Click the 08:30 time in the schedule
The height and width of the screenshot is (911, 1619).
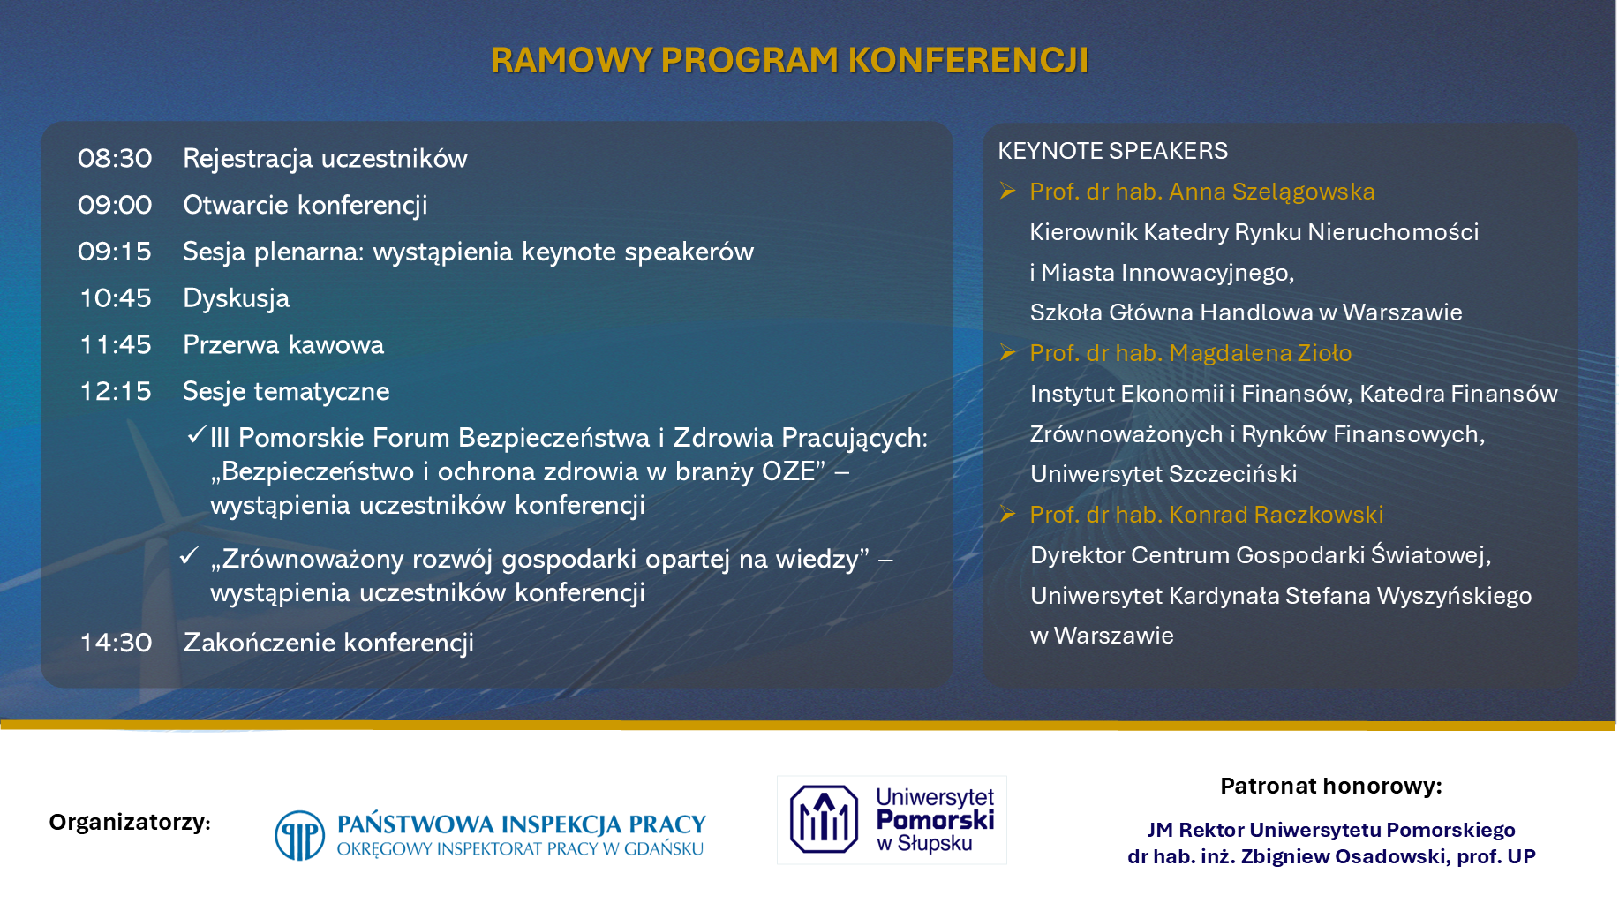(x=115, y=159)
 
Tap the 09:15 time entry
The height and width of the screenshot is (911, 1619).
(x=115, y=252)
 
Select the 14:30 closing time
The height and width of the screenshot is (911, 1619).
(x=116, y=643)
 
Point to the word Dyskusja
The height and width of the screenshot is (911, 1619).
(x=236, y=299)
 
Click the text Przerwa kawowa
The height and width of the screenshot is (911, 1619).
(x=283, y=345)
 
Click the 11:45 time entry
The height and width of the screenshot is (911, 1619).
(x=116, y=345)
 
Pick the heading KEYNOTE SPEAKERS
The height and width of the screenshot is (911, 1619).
(x=1112, y=151)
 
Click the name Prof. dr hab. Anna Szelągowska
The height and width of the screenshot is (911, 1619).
(x=1202, y=192)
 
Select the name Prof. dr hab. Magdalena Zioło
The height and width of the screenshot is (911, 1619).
(x=1191, y=353)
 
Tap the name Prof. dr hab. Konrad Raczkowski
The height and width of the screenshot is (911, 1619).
(x=1207, y=515)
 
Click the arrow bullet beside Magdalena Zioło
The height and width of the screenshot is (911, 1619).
(x=1007, y=353)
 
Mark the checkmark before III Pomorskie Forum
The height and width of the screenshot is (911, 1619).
(x=196, y=435)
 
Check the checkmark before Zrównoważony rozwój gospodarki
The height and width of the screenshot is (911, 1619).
(x=188, y=556)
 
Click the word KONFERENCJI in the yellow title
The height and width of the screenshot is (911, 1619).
(x=968, y=60)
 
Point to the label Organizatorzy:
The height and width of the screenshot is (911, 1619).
(x=130, y=823)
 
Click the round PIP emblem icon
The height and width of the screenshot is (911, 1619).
(x=300, y=835)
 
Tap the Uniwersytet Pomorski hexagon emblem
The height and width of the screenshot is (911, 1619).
(x=824, y=819)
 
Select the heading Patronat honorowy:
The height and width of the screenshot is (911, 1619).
(x=1331, y=787)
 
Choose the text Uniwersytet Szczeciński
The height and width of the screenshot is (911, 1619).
(x=1163, y=474)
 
